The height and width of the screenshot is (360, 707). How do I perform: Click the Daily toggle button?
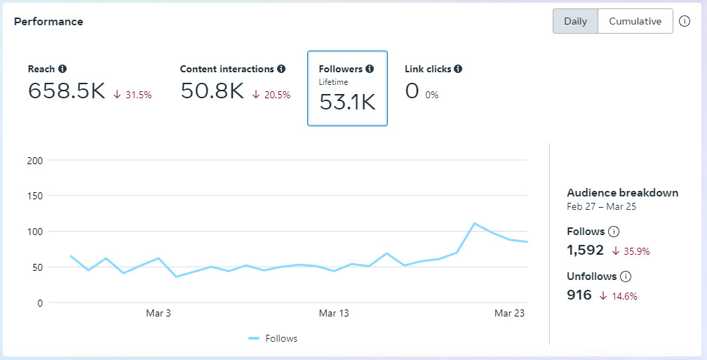[575, 21]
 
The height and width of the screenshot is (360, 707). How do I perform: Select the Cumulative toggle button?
[635, 21]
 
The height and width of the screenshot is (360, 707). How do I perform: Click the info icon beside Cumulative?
[685, 21]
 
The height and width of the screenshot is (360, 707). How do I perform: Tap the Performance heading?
[48, 22]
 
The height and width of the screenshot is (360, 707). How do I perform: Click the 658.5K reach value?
[67, 91]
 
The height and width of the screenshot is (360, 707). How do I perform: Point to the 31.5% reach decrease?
[133, 95]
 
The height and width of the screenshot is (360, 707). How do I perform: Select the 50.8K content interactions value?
[212, 91]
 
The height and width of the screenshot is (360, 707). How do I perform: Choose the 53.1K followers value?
[347, 102]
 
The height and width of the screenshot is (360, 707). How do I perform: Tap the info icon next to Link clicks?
[458, 69]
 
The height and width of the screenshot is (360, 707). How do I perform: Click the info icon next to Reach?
[62, 69]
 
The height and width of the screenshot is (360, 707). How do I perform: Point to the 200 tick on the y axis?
[35, 161]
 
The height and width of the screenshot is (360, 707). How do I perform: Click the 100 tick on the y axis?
[35, 232]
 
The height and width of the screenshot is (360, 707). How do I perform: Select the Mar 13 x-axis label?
[334, 313]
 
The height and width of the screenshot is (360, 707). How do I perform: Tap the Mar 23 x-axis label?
[510, 313]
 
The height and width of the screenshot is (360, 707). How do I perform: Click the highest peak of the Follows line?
[475, 223]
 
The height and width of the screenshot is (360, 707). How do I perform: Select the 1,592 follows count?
[586, 250]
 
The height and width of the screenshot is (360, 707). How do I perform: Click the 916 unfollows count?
[579, 295]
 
